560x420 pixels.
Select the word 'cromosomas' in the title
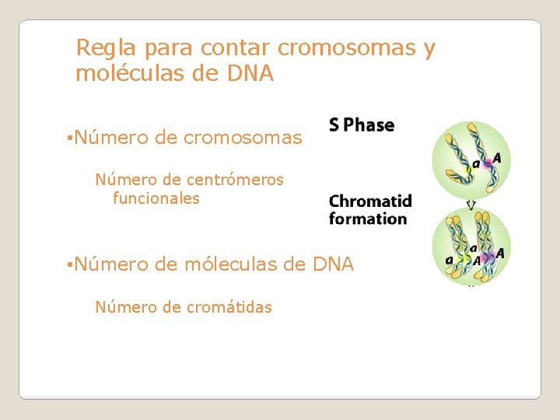tap(348, 48)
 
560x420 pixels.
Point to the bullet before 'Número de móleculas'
tap(69, 265)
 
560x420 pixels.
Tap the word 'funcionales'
tap(156, 198)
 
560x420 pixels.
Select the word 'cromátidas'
tap(229, 307)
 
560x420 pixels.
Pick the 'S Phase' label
tap(362, 125)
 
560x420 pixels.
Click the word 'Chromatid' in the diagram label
tap(370, 201)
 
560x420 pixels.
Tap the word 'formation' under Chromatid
tap(368, 219)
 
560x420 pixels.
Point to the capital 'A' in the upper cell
tap(496, 159)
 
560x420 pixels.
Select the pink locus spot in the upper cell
tap(487, 163)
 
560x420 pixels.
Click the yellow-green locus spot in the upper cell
tap(476, 166)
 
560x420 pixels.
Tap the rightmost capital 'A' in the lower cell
tap(500, 253)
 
